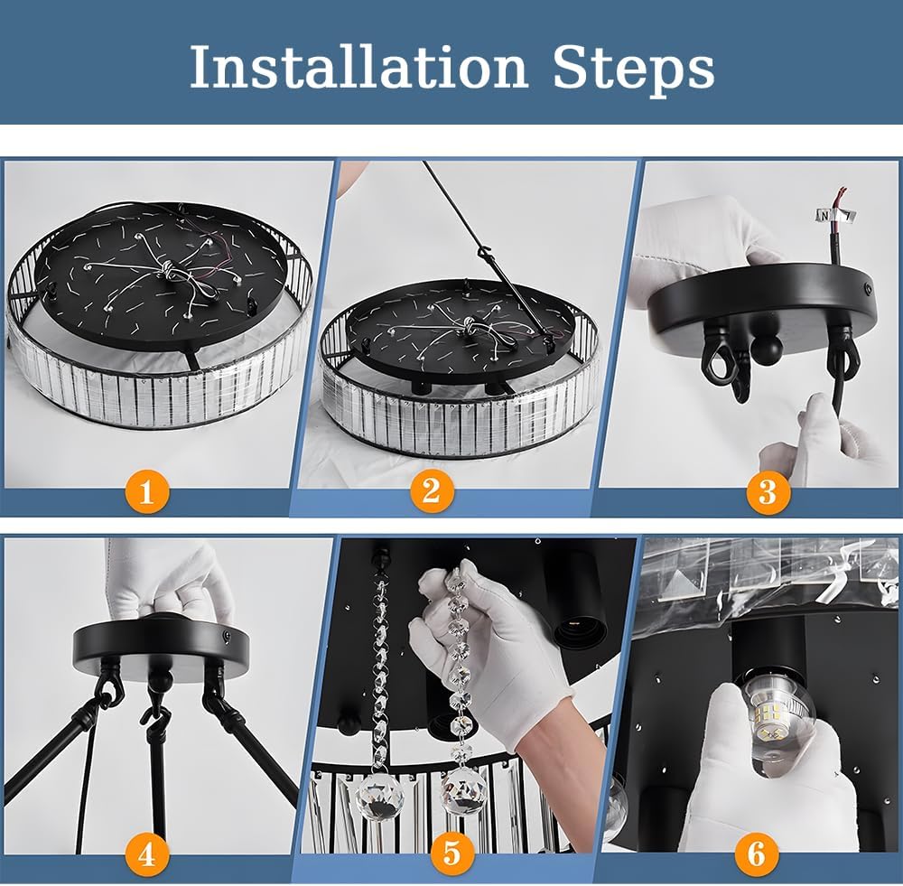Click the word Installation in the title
pyautogui.click(x=358, y=67)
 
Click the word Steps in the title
pyautogui.click(x=634, y=70)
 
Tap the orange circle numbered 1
pyautogui.click(x=146, y=492)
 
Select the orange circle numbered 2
pyautogui.click(x=432, y=491)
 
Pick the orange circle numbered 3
pyautogui.click(x=768, y=492)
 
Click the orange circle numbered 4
pyautogui.click(x=146, y=854)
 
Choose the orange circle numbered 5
pyautogui.click(x=451, y=853)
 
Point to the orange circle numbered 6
pyautogui.click(x=756, y=853)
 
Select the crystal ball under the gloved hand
pyautogui.click(x=463, y=791)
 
